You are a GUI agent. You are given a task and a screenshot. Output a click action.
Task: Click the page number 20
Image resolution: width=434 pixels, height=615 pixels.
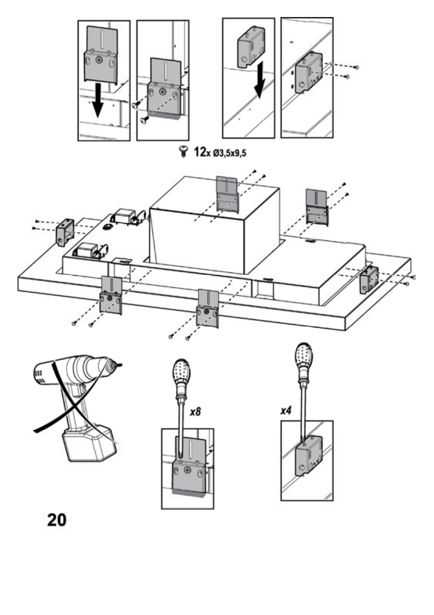pyautogui.click(x=57, y=520)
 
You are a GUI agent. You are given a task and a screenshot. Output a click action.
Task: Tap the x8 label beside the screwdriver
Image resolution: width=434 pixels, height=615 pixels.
pyautogui.click(x=195, y=412)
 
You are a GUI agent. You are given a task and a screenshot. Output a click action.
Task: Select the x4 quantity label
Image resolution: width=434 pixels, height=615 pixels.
pyautogui.click(x=286, y=411)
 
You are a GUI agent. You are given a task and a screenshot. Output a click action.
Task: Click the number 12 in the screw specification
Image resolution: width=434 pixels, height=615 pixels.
pyautogui.click(x=199, y=152)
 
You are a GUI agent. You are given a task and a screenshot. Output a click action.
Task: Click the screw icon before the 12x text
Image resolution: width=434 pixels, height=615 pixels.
pyautogui.click(x=183, y=152)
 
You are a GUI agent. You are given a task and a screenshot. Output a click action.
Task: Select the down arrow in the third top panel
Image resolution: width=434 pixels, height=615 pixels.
pyautogui.click(x=259, y=84)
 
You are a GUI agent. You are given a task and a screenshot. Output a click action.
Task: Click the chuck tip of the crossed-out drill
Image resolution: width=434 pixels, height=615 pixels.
pyautogui.click(x=118, y=365)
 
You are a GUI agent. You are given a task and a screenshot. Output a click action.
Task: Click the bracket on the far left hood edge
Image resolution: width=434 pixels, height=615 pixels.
pyautogui.click(x=65, y=232)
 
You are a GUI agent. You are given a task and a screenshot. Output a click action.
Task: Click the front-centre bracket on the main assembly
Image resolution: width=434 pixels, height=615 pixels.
pyautogui.click(x=208, y=309)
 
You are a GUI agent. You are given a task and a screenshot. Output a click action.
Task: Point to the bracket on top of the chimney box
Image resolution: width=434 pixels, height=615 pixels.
pyautogui.click(x=227, y=194)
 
